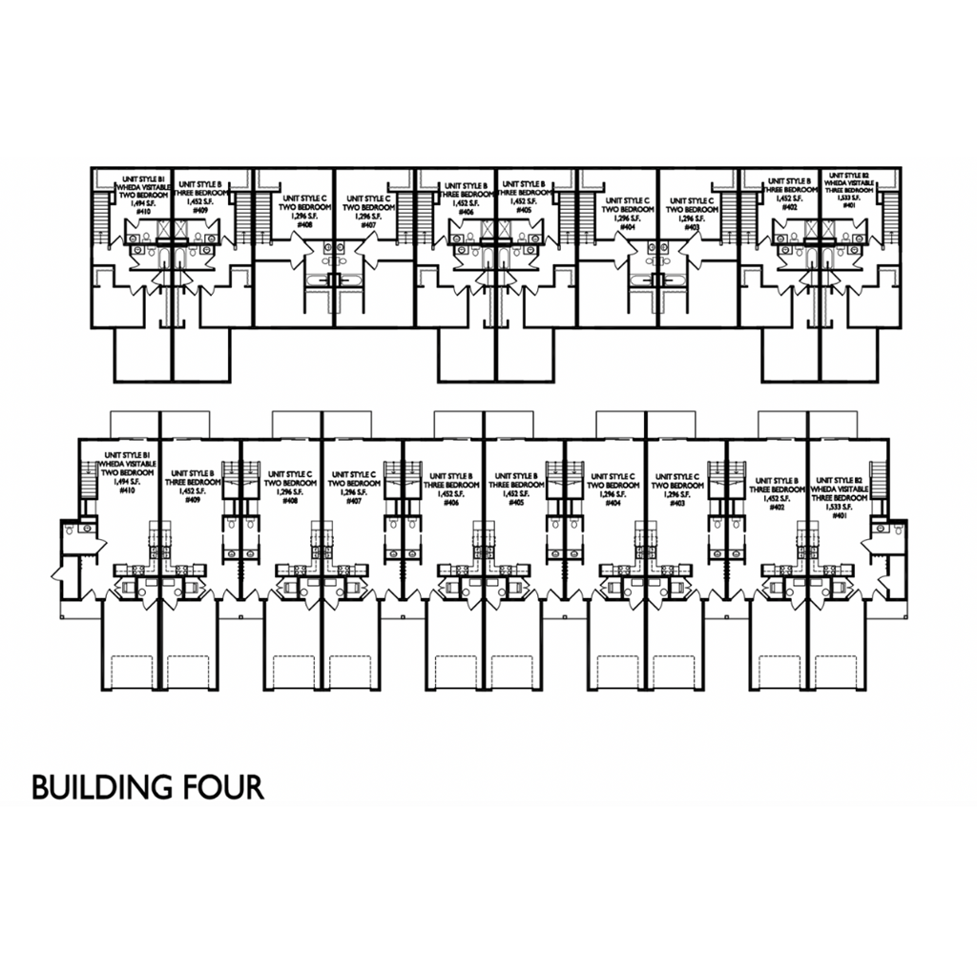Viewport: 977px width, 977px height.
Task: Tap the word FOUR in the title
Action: pos(220,788)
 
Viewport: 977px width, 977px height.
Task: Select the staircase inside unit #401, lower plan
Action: pos(881,474)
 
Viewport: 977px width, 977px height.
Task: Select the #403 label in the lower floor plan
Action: pos(677,501)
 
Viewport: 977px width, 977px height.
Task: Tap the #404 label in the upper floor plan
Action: pos(627,227)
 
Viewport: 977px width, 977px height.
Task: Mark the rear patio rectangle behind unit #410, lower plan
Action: pos(134,422)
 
